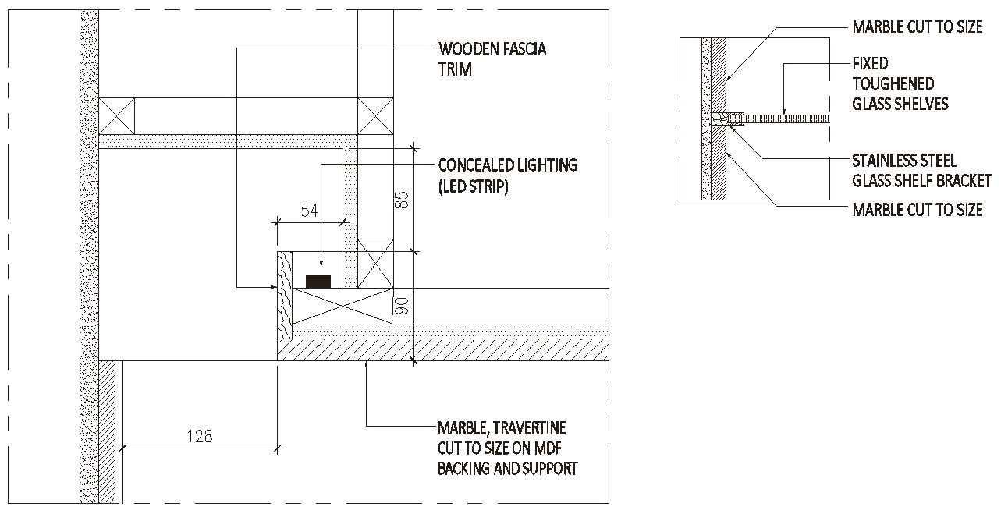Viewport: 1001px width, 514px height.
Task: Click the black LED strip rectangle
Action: (x=318, y=282)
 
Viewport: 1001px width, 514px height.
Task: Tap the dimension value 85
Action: (x=402, y=200)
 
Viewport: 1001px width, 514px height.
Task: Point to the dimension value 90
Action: (x=402, y=305)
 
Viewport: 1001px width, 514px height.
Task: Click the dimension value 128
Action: (x=200, y=436)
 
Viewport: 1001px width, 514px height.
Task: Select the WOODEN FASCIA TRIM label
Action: (x=492, y=59)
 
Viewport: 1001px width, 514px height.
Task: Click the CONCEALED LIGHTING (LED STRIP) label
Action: (x=507, y=175)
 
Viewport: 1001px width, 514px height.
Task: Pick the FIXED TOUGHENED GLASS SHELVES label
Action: (x=900, y=83)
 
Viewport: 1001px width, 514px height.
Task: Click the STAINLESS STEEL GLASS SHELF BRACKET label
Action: (x=921, y=171)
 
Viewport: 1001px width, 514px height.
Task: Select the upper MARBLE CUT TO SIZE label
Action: (x=918, y=27)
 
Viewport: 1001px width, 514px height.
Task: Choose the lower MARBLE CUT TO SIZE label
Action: (x=918, y=210)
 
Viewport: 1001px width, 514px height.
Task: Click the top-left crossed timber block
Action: (x=116, y=115)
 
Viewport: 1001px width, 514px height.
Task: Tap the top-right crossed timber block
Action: (x=375, y=115)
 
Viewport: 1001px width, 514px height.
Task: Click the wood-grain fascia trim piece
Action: (x=285, y=295)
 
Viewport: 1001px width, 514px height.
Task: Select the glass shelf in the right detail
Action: (x=784, y=119)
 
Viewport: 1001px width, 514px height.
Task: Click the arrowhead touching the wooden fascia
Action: (x=271, y=288)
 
